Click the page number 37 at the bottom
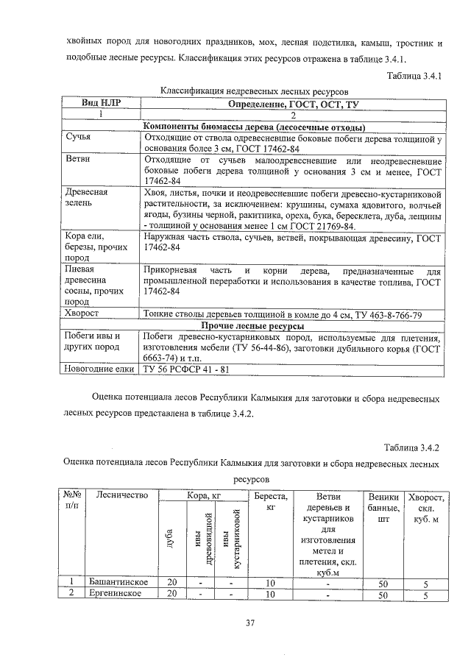click(x=249, y=625)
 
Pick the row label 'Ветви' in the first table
click(x=79, y=160)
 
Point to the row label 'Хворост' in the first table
click(x=84, y=314)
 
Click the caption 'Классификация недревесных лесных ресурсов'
click(x=255, y=90)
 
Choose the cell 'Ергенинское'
click(x=115, y=595)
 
